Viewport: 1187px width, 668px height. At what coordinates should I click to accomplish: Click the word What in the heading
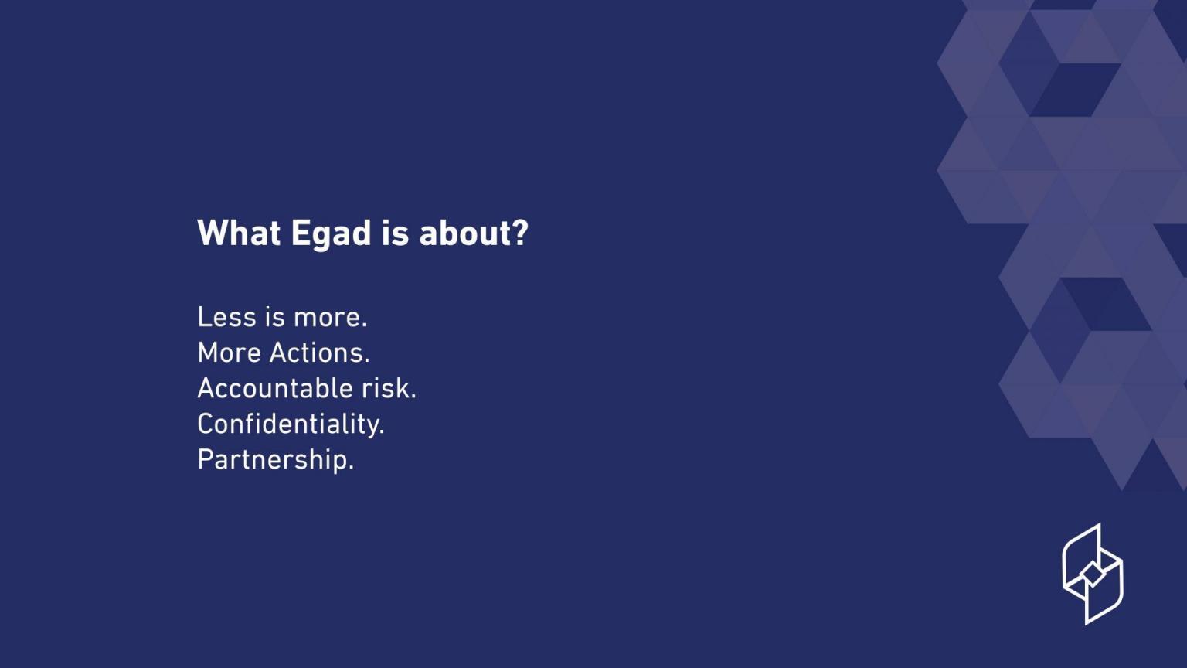tap(239, 233)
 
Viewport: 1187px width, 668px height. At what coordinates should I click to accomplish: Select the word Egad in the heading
tap(331, 233)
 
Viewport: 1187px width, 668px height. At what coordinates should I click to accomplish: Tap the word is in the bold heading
tap(394, 233)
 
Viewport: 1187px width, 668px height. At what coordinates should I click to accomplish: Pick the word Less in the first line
tap(225, 317)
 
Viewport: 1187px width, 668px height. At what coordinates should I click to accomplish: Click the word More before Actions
tap(229, 353)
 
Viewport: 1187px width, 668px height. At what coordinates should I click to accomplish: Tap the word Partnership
tap(272, 460)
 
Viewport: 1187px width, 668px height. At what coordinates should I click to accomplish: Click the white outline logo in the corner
tap(1092, 574)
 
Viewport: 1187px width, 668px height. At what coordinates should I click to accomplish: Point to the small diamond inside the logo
tap(1092, 574)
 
